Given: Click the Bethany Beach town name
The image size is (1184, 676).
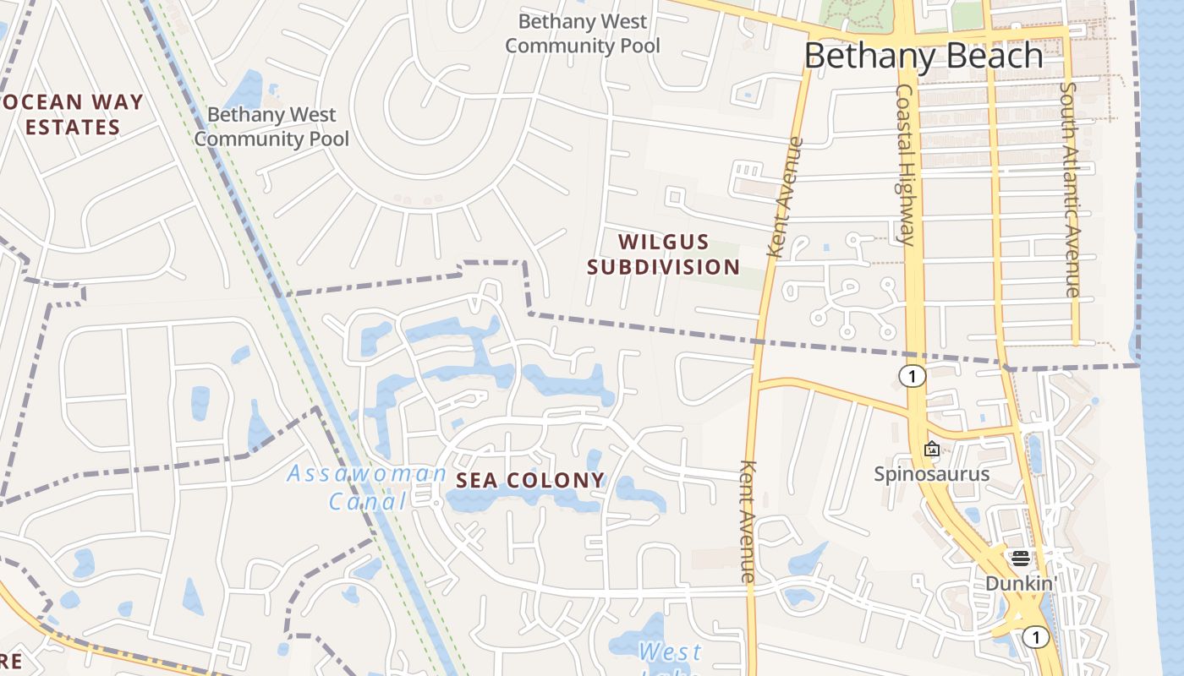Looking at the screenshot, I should pos(924,56).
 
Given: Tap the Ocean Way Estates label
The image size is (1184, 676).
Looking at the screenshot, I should pos(73,115).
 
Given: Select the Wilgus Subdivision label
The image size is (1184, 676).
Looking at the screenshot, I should pos(664,254).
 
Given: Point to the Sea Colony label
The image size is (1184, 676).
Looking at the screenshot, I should pos(531,481).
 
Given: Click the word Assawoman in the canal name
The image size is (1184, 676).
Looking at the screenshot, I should pos(366,473).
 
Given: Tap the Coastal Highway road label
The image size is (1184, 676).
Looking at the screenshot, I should pos(905,165).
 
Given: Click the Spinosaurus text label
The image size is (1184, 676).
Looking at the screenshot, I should pos(931,473).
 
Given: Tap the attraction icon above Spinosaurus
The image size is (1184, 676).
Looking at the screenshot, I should pos(932,449).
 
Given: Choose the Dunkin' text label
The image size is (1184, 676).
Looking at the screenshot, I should pos(1021,583).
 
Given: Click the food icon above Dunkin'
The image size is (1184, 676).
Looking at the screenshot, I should pos(1020,558).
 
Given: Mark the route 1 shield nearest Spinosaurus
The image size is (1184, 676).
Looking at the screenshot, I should pos(912,376).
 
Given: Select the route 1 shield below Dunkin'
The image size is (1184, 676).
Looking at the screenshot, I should pos(1035,636).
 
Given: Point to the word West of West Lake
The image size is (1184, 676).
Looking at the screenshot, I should pos(670,652).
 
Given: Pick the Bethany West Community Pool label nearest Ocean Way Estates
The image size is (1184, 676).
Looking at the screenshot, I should pos(271,126).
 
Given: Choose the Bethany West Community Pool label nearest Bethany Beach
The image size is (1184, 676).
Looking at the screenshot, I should pos(583,33).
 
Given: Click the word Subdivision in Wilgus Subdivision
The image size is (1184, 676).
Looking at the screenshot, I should pos(664,267).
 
